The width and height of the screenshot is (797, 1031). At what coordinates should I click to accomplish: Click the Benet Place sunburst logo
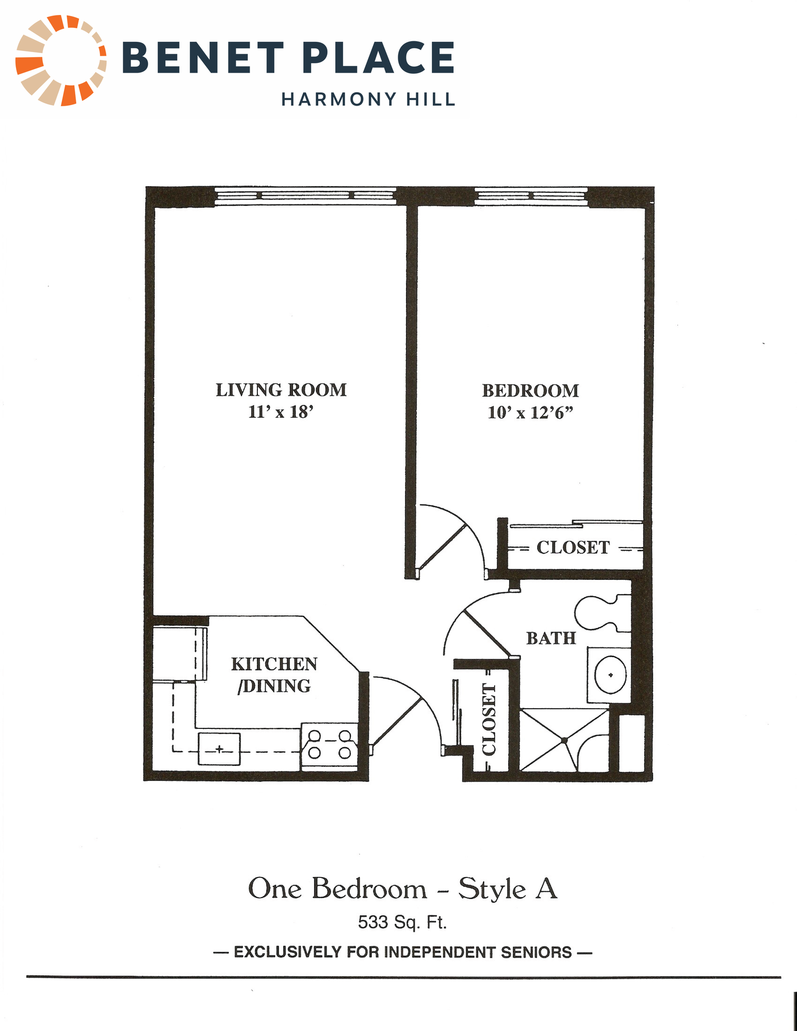point(61,60)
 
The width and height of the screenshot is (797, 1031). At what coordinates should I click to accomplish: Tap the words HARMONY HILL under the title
point(368,99)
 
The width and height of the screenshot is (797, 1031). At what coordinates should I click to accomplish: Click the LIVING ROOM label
point(281,390)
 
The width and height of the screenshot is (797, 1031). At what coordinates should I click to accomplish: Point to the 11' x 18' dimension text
point(281,412)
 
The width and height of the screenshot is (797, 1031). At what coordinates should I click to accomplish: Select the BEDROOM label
point(530,391)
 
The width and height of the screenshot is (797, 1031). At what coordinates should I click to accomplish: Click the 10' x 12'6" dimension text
point(530,413)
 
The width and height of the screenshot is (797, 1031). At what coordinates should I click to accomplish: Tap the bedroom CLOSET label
point(573,547)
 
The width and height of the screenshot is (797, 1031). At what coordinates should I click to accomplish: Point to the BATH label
point(551,638)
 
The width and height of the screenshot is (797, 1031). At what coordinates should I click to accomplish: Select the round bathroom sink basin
point(611,675)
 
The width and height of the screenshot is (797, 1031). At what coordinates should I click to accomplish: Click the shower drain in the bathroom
point(564,740)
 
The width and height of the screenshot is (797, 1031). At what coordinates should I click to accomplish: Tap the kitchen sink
point(219,749)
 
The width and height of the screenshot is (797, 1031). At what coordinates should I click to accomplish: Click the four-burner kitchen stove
point(329,745)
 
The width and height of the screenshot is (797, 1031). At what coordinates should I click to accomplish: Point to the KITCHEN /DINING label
point(274,675)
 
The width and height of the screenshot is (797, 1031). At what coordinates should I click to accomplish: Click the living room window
point(305,196)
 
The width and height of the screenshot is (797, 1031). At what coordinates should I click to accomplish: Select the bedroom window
point(531,196)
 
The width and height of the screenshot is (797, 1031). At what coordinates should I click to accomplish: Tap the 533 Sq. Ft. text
point(402,922)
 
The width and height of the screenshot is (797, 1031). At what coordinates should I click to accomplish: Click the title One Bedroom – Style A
point(403,888)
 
